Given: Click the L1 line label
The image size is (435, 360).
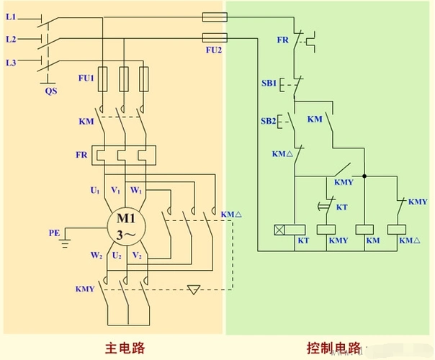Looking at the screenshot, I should [x=11, y=15].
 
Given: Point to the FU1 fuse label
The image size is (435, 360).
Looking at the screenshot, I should [x=86, y=76].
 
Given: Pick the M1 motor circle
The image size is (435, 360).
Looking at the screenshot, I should [x=127, y=225].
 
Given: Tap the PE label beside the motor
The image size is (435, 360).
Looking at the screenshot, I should [x=54, y=233].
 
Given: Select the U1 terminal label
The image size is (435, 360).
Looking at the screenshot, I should [x=94, y=190].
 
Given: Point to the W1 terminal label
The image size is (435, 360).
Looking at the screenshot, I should [x=135, y=190].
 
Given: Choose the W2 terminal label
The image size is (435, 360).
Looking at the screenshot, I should [x=94, y=256].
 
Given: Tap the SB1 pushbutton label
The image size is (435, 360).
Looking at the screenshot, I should [x=269, y=84].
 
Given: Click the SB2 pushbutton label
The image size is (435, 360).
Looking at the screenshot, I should [x=269, y=121].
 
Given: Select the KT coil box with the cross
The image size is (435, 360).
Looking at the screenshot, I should [x=281, y=230].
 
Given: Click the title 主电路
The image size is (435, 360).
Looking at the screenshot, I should [x=124, y=348].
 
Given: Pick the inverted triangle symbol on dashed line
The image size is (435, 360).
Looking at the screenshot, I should [x=193, y=290].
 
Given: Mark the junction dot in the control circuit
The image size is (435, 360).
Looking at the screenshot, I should [x=365, y=175].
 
